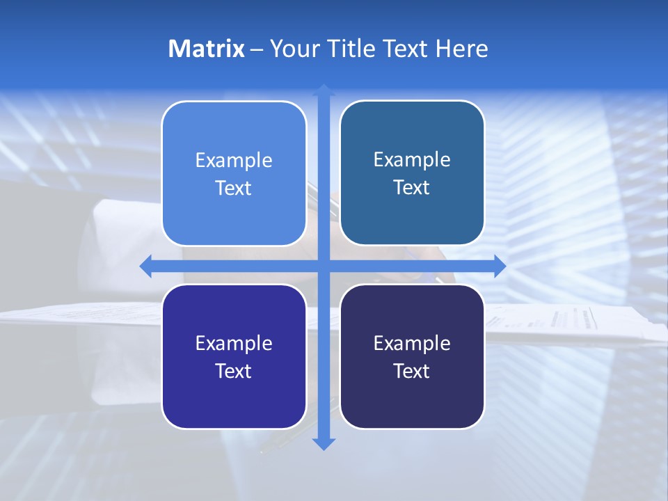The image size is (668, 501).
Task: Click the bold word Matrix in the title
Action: tap(206, 49)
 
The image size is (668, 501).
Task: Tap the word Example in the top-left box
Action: tap(234, 161)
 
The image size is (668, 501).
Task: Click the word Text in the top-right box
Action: tap(412, 188)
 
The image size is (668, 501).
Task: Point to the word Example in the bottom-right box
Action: tap(412, 343)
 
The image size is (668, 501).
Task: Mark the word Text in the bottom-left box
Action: tap(234, 371)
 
